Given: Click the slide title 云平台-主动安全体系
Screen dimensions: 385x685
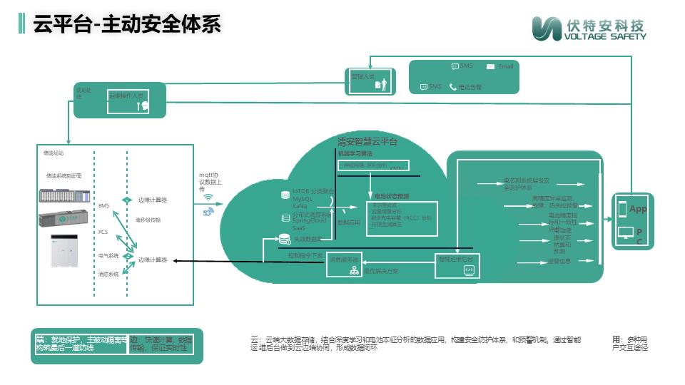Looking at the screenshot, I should [x=127, y=24].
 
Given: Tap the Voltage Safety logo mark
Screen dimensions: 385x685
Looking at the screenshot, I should [x=547, y=29].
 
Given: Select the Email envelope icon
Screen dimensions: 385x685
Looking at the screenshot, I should [x=490, y=67].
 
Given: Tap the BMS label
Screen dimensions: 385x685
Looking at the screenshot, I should [x=104, y=205].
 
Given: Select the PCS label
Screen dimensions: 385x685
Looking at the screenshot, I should [x=103, y=232].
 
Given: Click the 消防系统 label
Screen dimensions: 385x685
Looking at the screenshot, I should [x=108, y=274].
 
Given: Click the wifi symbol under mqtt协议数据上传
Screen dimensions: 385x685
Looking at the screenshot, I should [x=208, y=199].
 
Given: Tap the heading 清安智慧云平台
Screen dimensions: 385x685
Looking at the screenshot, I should [x=367, y=142].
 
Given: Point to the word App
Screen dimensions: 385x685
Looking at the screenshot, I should [x=638, y=209].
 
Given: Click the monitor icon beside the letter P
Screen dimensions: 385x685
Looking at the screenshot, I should [x=624, y=232].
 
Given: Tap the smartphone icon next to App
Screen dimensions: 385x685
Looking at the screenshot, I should [x=622, y=209].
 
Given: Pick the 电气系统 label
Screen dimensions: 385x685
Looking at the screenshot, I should [x=108, y=255].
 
